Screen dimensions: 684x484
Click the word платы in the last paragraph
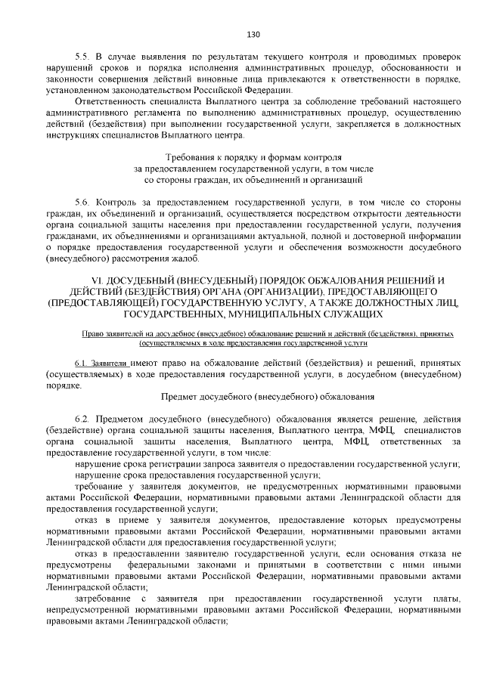[x=445, y=599]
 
